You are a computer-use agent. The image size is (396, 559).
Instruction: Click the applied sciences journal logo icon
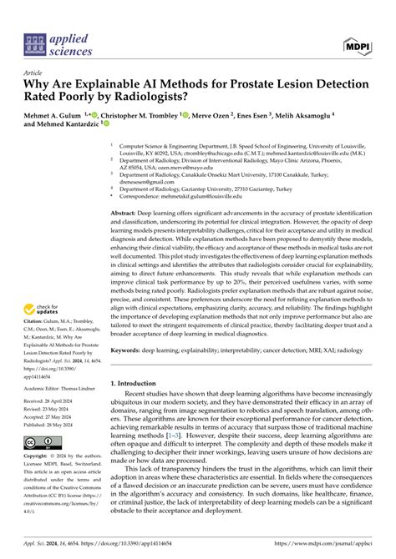pos(34,43)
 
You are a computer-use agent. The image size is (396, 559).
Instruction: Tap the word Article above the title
pos(34,73)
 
